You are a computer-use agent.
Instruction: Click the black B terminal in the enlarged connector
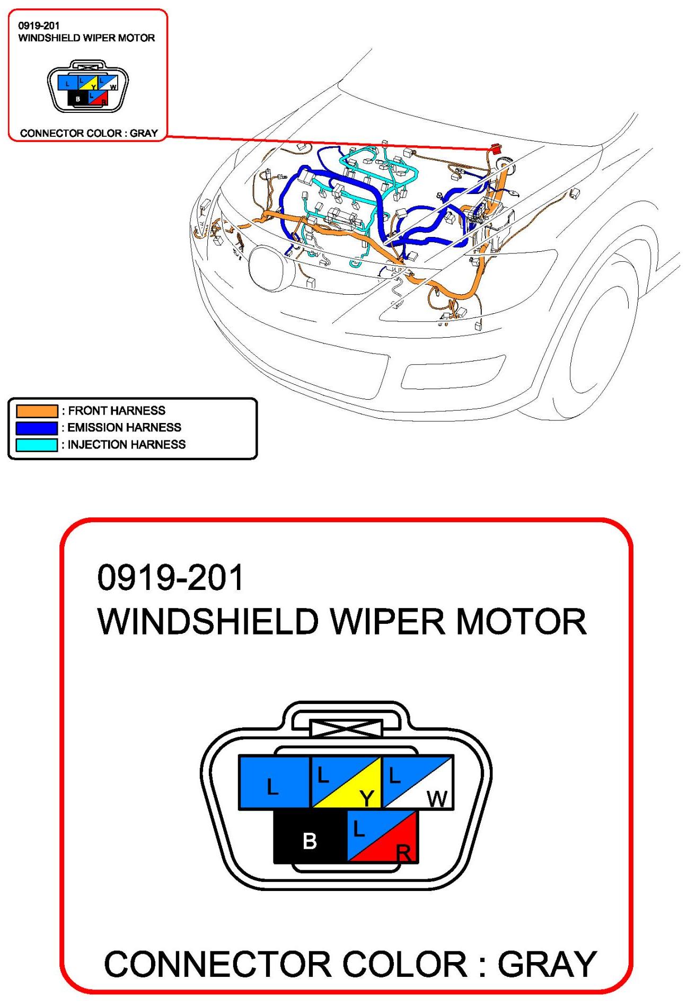pyautogui.click(x=310, y=836)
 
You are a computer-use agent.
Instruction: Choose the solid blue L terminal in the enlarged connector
pyautogui.click(x=274, y=782)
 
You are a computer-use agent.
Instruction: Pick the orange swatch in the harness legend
pyautogui.click(x=37, y=411)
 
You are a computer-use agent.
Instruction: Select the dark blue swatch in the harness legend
pyautogui.click(x=37, y=428)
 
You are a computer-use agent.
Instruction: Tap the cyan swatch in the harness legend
pyautogui.click(x=37, y=445)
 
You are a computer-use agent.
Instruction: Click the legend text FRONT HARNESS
pyautogui.click(x=117, y=411)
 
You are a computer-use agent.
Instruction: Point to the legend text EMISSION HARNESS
pyautogui.click(x=124, y=428)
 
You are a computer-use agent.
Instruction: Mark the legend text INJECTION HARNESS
pyautogui.click(x=126, y=445)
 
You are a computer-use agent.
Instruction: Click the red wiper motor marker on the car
pyautogui.click(x=497, y=149)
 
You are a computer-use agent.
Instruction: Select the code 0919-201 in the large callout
pyautogui.click(x=170, y=577)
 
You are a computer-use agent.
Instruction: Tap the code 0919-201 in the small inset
pyautogui.click(x=39, y=25)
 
